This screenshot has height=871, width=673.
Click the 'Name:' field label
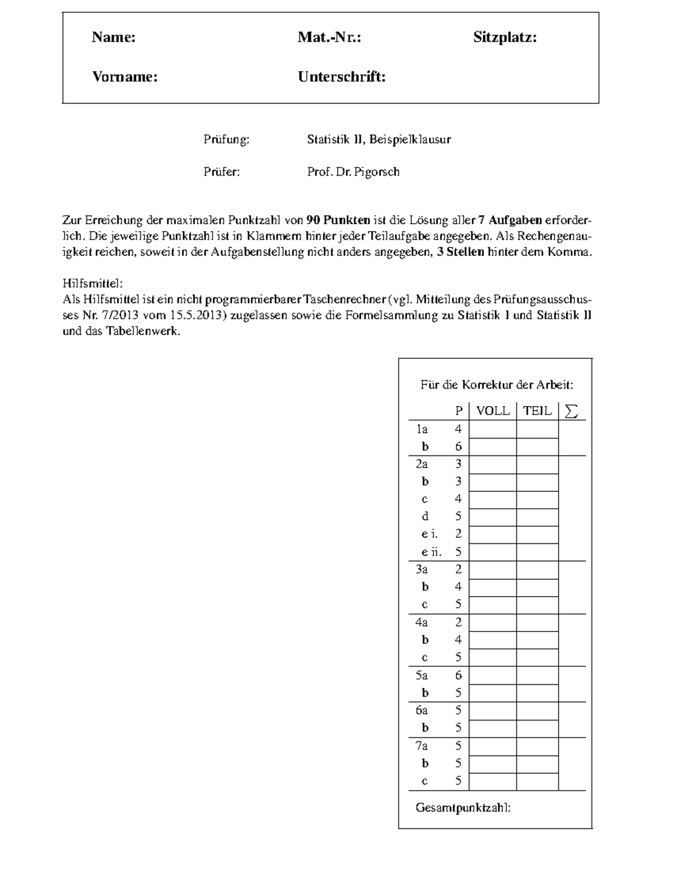(114, 38)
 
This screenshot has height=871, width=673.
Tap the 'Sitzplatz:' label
(505, 38)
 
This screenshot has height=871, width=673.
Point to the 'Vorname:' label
(125, 77)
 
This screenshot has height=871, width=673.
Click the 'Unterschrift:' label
(342, 77)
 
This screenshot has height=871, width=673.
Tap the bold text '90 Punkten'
(339, 220)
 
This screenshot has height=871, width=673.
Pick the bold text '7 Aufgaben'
(510, 220)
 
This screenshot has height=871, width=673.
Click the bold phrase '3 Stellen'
(460, 252)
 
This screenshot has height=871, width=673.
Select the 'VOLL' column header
(492, 411)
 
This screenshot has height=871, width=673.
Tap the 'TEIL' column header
(537, 411)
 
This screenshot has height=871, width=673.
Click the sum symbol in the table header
(571, 411)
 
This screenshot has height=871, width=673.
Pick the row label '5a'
(422, 675)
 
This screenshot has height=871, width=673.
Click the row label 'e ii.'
(431, 552)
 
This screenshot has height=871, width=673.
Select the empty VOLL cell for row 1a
(492, 430)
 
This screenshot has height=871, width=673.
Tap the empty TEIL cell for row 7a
(537, 746)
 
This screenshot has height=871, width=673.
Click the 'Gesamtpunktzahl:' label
(463, 808)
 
